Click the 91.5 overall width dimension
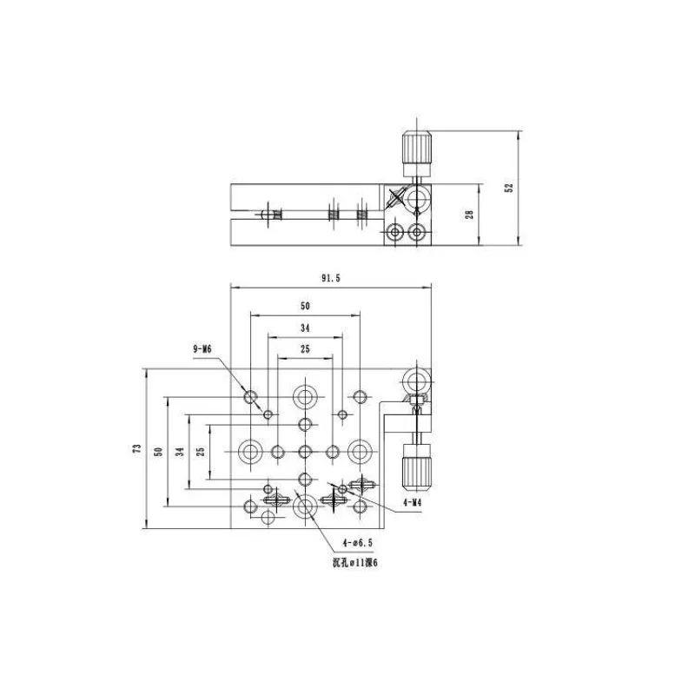click(x=331, y=278)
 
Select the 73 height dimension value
click(x=137, y=448)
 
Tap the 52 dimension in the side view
click(x=509, y=188)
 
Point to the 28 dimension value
click(x=469, y=215)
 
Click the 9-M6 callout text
click(x=202, y=349)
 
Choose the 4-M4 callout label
click(x=412, y=502)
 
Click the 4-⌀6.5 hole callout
click(x=358, y=542)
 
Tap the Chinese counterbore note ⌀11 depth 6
click(x=355, y=563)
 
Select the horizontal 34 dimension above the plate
click(x=305, y=328)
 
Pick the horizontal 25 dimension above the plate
click(x=305, y=349)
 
